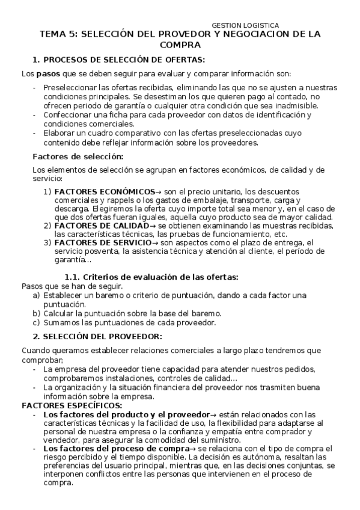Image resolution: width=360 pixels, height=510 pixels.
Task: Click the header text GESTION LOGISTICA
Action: (245, 25)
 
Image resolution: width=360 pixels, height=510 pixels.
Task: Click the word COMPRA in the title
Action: (180, 45)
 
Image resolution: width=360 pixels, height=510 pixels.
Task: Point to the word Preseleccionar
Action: (70, 88)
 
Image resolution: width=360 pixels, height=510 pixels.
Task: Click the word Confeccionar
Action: (68, 114)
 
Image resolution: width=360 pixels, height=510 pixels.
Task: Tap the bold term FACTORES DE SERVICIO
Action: (98, 242)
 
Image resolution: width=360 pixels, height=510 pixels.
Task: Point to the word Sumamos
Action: (59, 322)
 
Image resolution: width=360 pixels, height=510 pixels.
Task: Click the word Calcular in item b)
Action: (59, 313)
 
